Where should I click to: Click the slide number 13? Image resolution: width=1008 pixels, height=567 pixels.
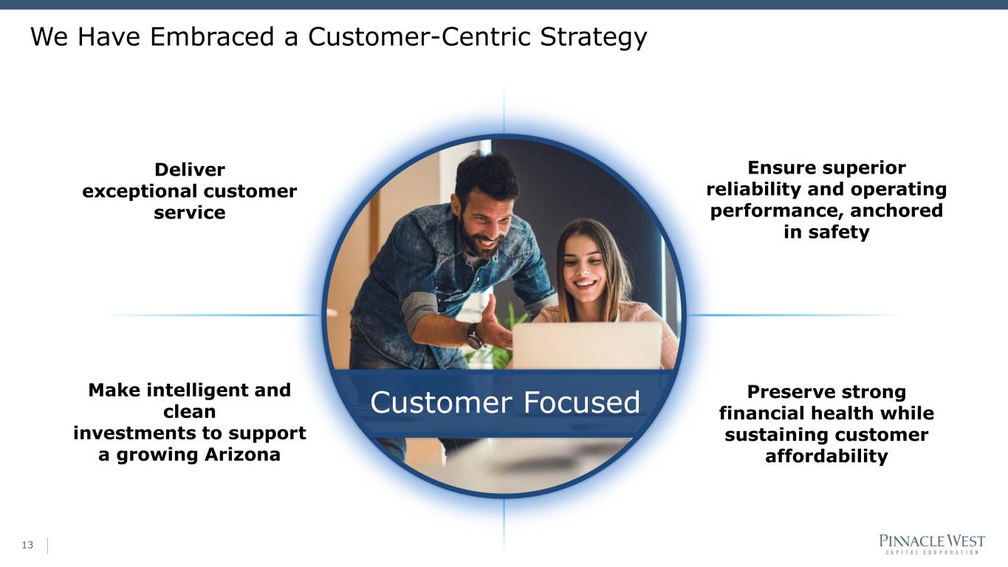28,546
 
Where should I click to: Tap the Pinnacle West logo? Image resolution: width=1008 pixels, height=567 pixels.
932,544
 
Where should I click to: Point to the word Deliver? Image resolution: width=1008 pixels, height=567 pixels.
190,170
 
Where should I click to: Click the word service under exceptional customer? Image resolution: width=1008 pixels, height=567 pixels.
190,213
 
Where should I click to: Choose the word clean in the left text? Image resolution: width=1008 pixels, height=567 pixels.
189,411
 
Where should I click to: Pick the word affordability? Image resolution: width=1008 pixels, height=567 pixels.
826,456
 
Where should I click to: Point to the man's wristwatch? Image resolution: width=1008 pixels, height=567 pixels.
474,337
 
